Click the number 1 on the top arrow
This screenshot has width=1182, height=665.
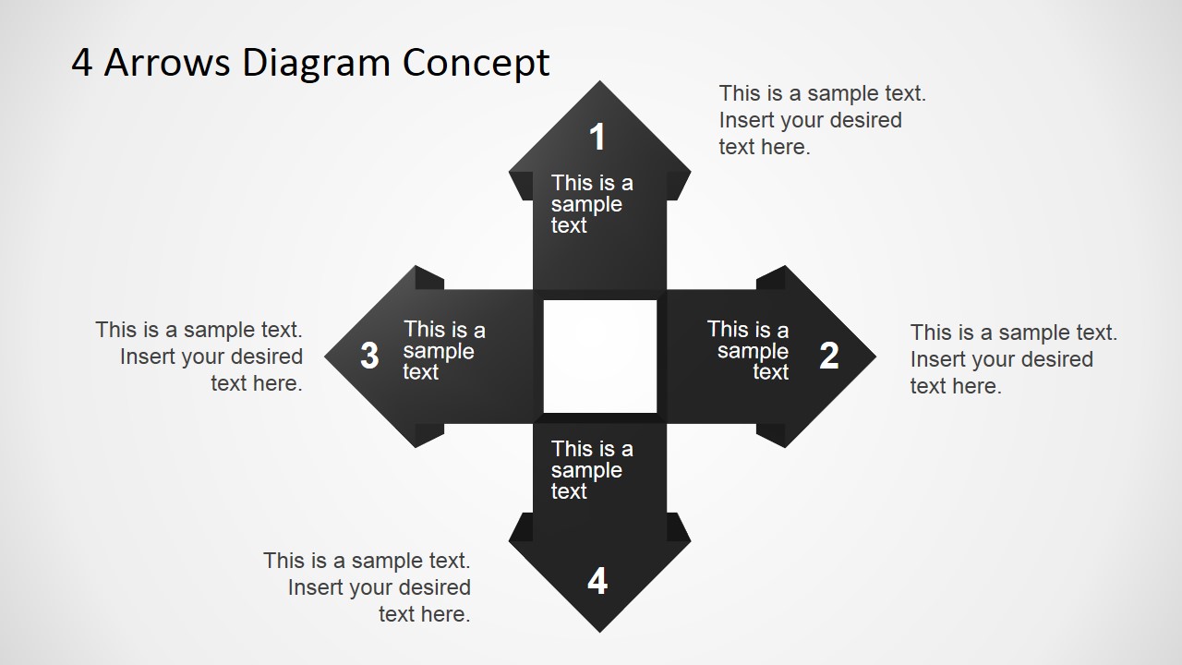[x=597, y=138]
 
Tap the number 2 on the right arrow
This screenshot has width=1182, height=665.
[x=829, y=356]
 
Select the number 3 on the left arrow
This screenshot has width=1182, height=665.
[x=369, y=356]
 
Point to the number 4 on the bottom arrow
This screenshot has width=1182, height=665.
[x=597, y=581]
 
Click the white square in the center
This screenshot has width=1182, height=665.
[x=600, y=356]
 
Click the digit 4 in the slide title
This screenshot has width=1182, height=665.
[x=82, y=63]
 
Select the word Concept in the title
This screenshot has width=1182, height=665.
[x=476, y=63]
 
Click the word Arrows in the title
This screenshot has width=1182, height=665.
[x=167, y=63]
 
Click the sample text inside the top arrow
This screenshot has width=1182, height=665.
[x=591, y=204]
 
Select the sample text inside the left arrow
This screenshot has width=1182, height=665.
[x=443, y=351]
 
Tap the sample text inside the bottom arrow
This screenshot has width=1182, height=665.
[x=591, y=470]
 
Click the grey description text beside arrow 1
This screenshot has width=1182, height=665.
[x=821, y=120]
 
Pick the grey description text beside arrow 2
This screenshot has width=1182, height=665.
[x=1012, y=359]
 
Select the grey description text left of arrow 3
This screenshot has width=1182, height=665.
[x=200, y=357]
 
